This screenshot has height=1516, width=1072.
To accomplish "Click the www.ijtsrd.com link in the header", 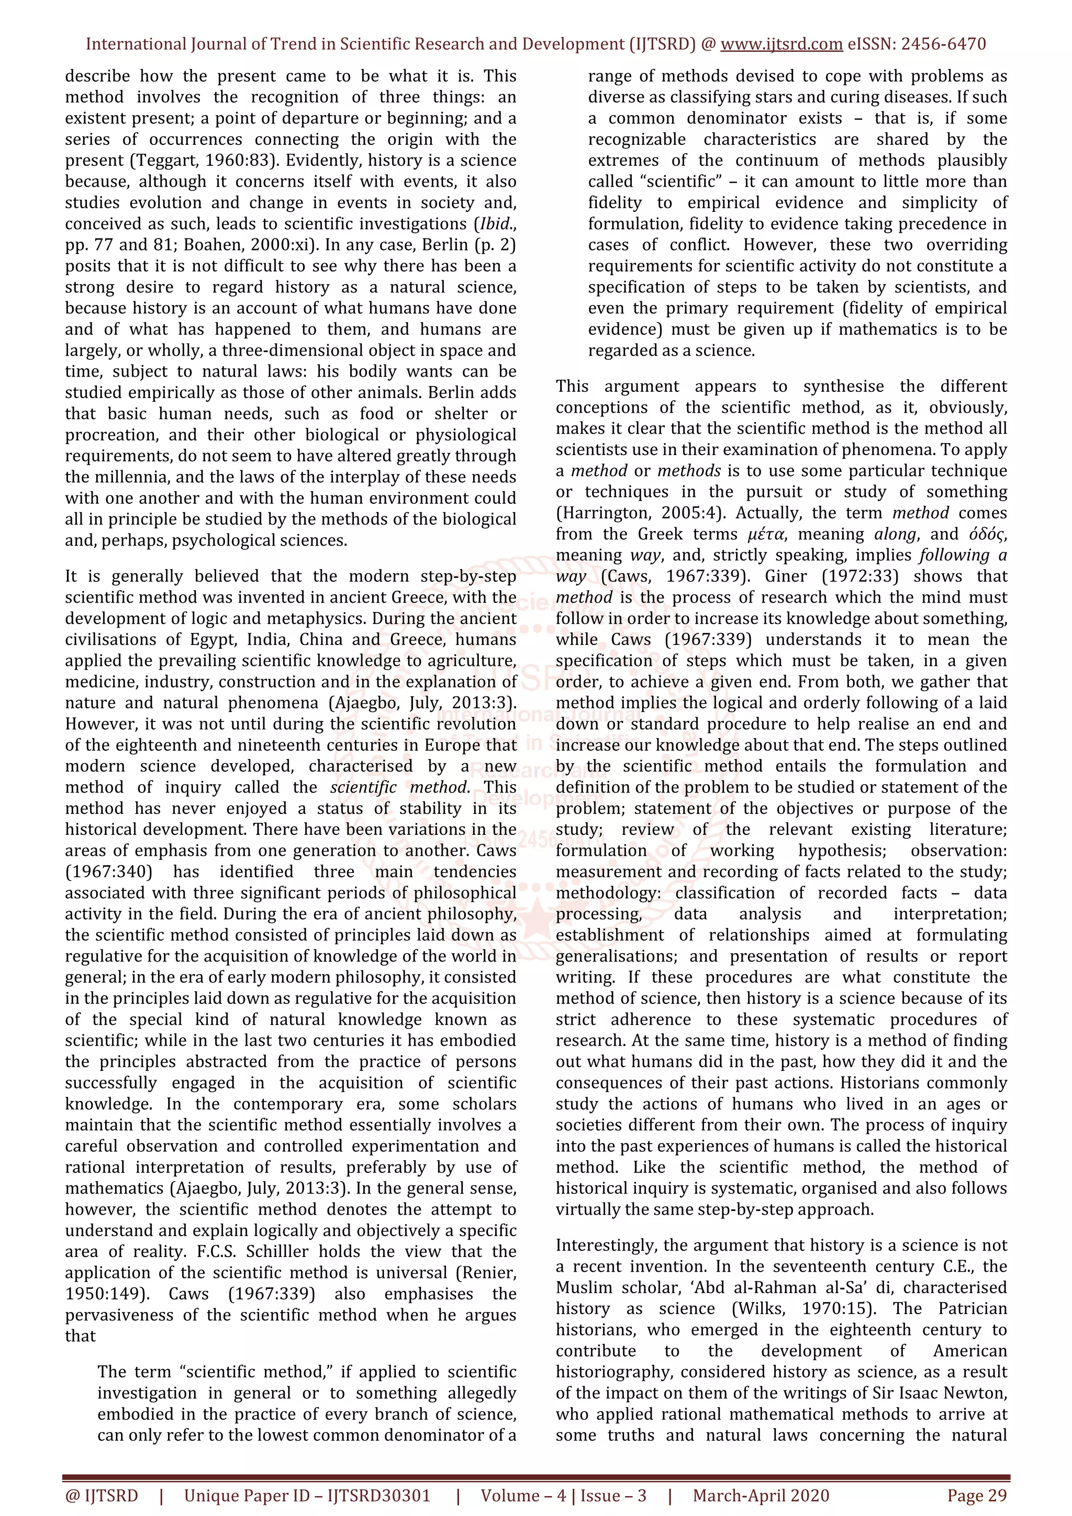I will [x=781, y=44].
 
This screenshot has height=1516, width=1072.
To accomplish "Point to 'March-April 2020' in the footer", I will [x=761, y=1496].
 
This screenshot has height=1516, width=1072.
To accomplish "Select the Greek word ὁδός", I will [x=987, y=534].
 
